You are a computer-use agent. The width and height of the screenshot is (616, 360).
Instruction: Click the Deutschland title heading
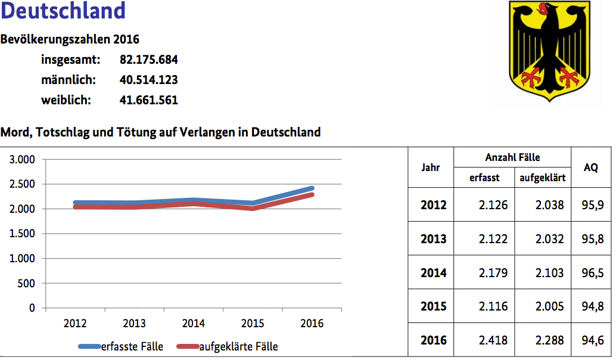click(x=63, y=11)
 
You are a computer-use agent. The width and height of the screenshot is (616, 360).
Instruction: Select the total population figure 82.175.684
click(x=148, y=60)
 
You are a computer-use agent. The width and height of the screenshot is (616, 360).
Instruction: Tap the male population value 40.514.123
click(x=148, y=80)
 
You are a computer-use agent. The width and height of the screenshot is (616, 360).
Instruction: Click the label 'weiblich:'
click(x=66, y=100)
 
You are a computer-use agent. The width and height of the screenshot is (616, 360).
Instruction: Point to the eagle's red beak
click(x=542, y=8)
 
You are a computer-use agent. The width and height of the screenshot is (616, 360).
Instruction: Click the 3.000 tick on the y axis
click(x=23, y=160)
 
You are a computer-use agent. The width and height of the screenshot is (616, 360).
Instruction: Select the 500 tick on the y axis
click(x=27, y=284)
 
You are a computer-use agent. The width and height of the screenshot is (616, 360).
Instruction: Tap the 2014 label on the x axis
click(x=193, y=324)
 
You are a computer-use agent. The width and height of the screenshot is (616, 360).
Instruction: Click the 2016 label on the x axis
click(x=312, y=324)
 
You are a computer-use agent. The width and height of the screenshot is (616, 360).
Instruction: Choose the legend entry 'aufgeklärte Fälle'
click(x=238, y=346)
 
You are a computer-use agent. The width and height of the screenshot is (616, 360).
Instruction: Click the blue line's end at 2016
click(x=312, y=188)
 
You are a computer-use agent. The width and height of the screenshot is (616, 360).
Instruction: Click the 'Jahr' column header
click(x=430, y=167)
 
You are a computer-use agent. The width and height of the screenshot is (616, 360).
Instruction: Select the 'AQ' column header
click(x=590, y=167)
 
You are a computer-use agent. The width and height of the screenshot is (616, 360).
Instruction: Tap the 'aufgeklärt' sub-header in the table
click(x=542, y=178)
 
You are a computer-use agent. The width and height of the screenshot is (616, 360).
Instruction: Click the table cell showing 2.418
click(x=494, y=340)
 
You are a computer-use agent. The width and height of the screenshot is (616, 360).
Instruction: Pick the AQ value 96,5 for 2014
click(x=592, y=273)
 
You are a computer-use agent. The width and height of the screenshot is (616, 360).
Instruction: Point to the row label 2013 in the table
click(x=433, y=239)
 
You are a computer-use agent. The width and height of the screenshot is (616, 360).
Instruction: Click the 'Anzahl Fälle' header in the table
click(x=512, y=157)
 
